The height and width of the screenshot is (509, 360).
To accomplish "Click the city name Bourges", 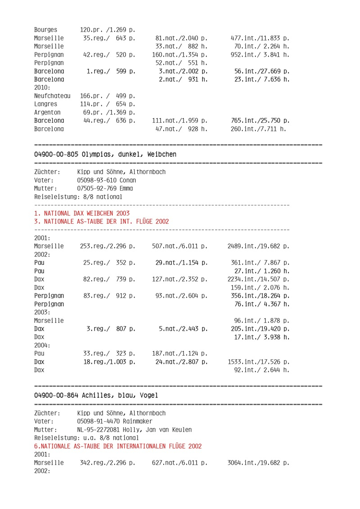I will click(45, 30).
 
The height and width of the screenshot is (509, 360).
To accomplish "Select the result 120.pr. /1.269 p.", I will click(108, 30).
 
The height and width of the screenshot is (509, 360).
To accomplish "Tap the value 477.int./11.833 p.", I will click(260, 38).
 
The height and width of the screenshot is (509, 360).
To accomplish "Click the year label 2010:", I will click(42, 88).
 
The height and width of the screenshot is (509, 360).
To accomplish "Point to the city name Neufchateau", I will click(52, 96).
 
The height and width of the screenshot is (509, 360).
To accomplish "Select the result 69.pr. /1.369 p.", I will click(109, 112).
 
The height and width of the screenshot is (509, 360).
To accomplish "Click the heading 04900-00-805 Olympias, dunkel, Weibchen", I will click(105, 154).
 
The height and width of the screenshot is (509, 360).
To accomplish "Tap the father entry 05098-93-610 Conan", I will click(107, 180).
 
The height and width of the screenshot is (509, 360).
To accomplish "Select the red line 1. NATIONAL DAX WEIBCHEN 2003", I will click(82, 213).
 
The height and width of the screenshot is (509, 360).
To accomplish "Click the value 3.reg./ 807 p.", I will click(111, 329).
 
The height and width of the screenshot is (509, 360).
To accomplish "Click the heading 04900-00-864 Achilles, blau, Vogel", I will click(96, 395).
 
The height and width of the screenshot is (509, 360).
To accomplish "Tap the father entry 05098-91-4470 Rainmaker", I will click(115, 421).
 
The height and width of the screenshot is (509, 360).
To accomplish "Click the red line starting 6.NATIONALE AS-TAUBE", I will click(118, 446).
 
